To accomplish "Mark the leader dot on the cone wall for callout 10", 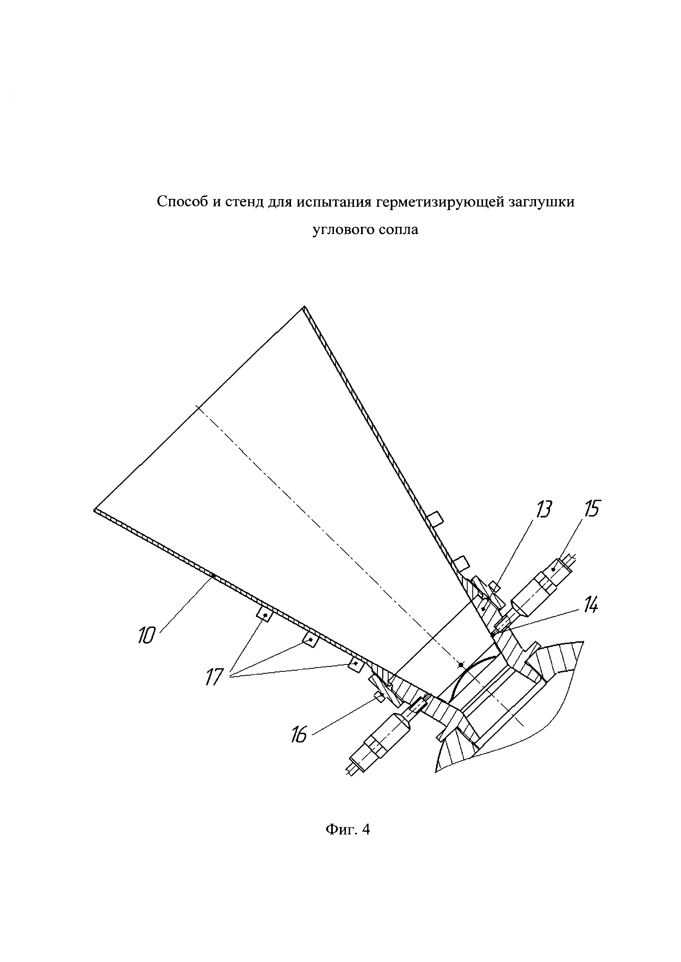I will coord(213,576).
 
